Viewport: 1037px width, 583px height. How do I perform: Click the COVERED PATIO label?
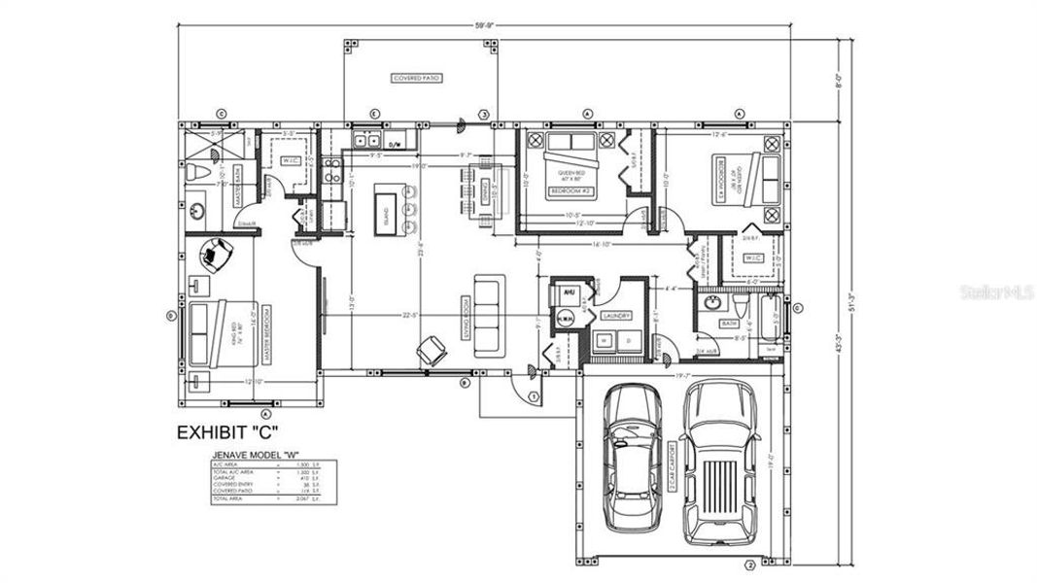tap(416, 78)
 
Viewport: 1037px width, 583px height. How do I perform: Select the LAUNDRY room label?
tap(616, 316)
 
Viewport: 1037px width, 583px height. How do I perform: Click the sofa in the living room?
tap(489, 314)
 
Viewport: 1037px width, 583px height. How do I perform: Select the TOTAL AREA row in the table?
tap(273, 499)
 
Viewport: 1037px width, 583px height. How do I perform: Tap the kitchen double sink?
tap(367, 142)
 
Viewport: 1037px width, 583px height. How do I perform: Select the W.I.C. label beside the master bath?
tap(292, 159)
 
